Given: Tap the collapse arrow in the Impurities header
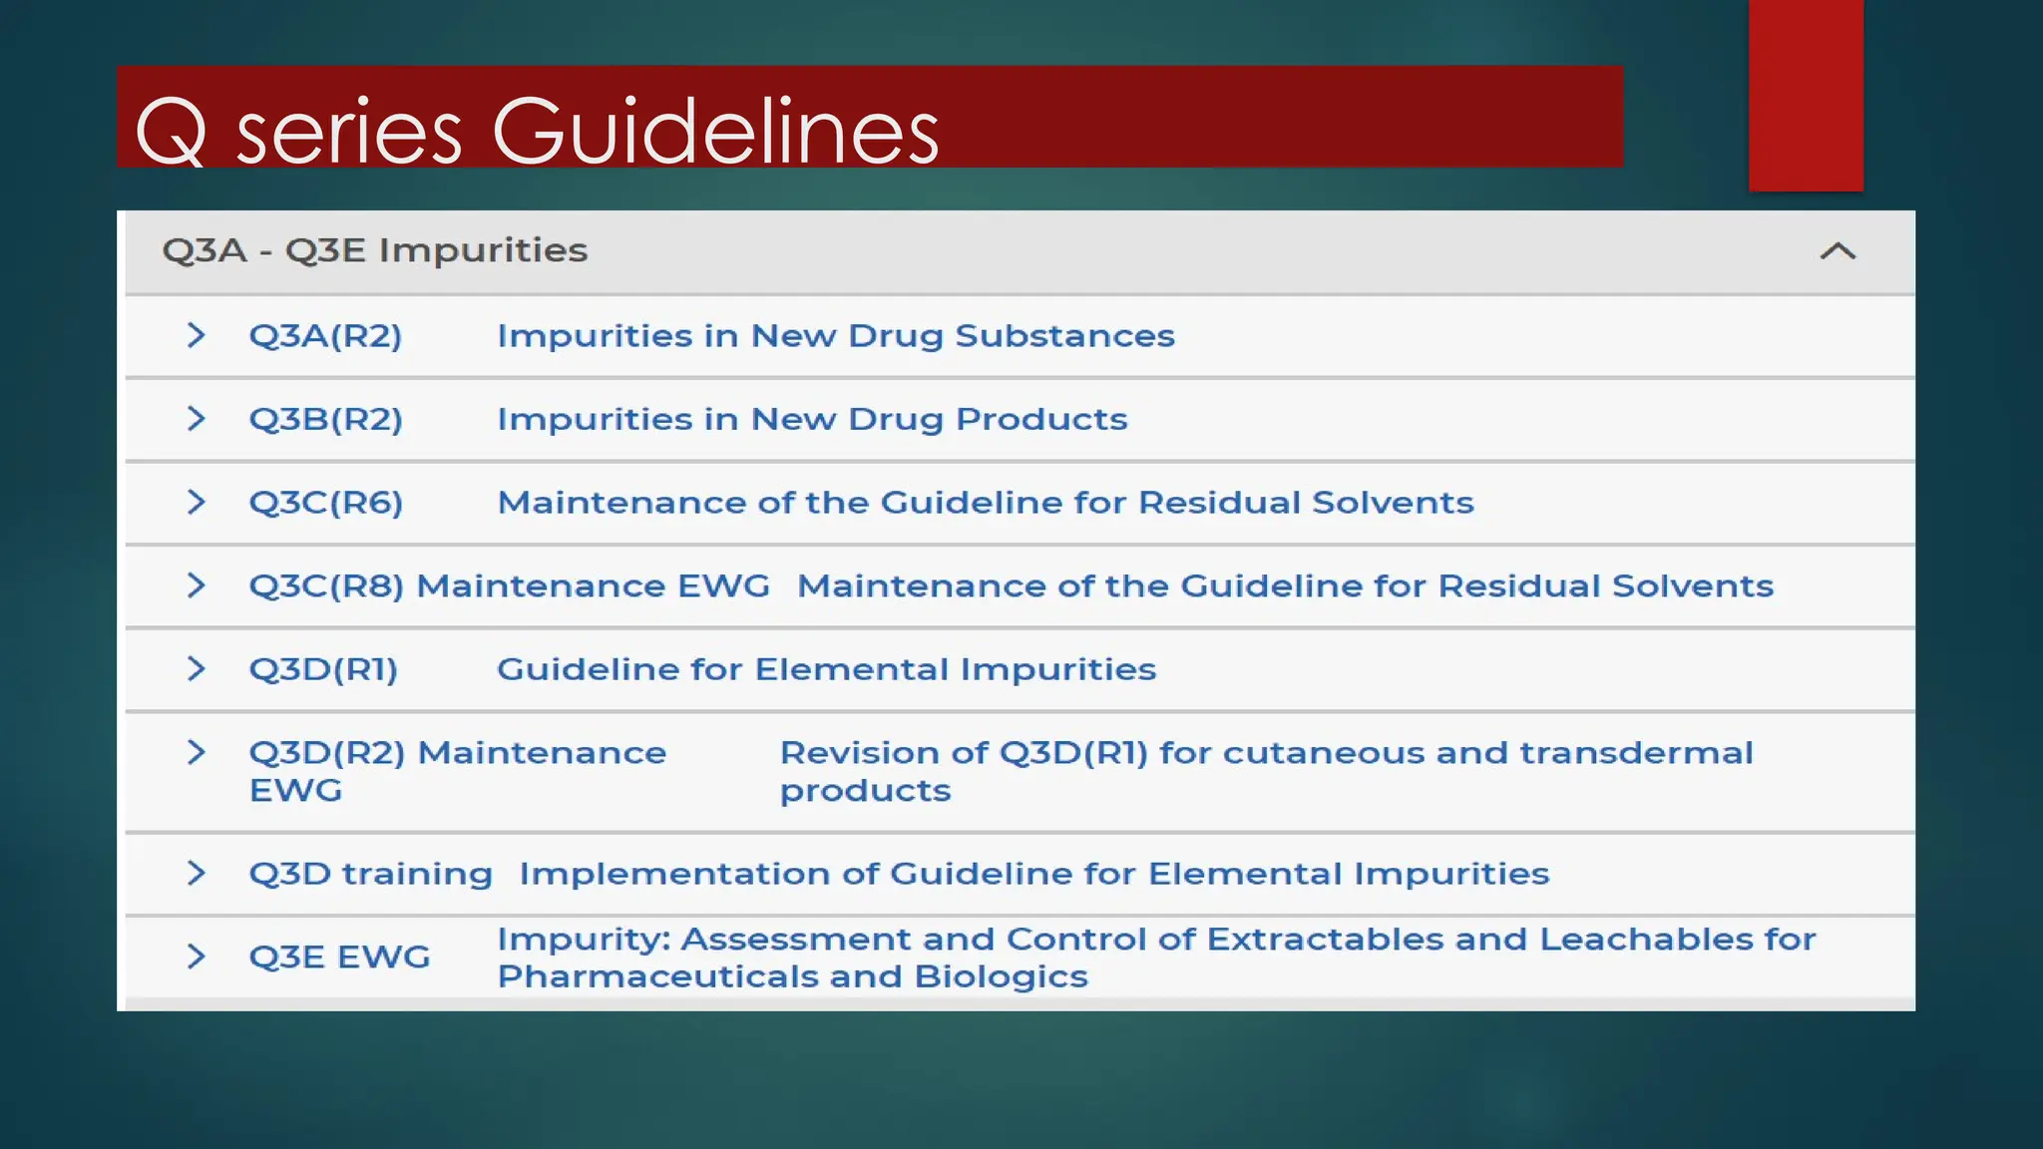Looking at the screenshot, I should [1838, 251].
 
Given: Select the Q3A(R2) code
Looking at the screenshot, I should [325, 336].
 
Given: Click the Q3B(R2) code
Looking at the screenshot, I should [325, 419].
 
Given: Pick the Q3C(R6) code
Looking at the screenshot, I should [325, 503].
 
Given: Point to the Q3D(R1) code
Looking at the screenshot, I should [323, 669].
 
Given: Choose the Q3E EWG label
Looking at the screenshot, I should [339, 957].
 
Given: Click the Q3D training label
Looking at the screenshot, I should [370, 874].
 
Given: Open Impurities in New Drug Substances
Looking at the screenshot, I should [836, 336].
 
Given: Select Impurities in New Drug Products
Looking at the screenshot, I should [812, 419].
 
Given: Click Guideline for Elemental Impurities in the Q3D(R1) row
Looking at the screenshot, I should [826, 669].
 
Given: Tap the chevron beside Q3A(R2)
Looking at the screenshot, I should [197, 335].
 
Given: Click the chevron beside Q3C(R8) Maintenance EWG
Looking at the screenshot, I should [197, 585].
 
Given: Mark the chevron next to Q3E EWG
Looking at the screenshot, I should [197, 957].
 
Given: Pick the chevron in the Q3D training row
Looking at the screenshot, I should [197, 873].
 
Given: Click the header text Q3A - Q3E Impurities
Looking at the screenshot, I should [375, 250].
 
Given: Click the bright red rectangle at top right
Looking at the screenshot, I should [1806, 95].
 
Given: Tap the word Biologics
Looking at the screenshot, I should [1001, 976].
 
